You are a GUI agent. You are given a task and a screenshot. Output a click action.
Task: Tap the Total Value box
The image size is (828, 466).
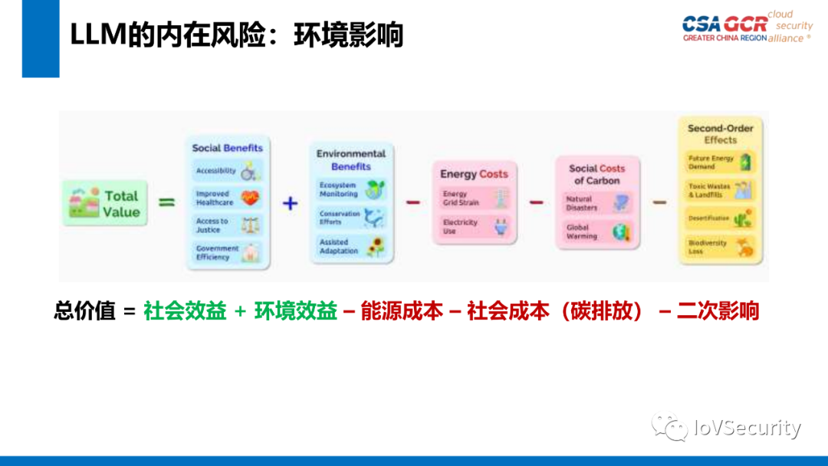105,204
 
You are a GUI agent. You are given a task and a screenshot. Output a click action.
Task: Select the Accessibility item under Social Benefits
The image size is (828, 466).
227,171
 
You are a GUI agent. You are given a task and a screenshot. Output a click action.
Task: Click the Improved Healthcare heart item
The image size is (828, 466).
227,199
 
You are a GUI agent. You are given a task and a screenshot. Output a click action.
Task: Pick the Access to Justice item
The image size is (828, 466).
227,225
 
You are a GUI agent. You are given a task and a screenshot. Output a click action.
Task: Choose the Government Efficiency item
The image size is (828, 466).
227,253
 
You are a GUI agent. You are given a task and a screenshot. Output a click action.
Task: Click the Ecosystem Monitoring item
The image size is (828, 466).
352,190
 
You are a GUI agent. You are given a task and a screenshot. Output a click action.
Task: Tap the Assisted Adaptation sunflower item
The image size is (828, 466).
352,247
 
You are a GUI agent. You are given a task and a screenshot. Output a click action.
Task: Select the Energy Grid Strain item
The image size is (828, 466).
473,199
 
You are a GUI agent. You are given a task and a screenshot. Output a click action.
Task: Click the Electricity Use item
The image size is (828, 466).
473,227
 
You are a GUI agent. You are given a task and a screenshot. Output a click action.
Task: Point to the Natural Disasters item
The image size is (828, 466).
596,203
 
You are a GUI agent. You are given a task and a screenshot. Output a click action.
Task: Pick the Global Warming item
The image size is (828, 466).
596,231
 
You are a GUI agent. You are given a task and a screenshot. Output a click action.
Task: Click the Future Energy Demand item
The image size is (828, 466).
720,162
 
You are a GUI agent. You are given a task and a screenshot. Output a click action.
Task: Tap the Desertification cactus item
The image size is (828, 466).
720,218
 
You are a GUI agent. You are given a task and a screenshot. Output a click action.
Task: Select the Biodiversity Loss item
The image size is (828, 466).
720,247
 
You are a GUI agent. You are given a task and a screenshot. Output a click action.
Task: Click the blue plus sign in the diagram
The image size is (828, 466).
290,204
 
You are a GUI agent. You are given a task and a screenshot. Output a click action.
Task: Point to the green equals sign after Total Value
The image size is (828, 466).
166,203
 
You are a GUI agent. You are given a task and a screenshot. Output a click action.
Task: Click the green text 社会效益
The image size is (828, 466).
185,310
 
